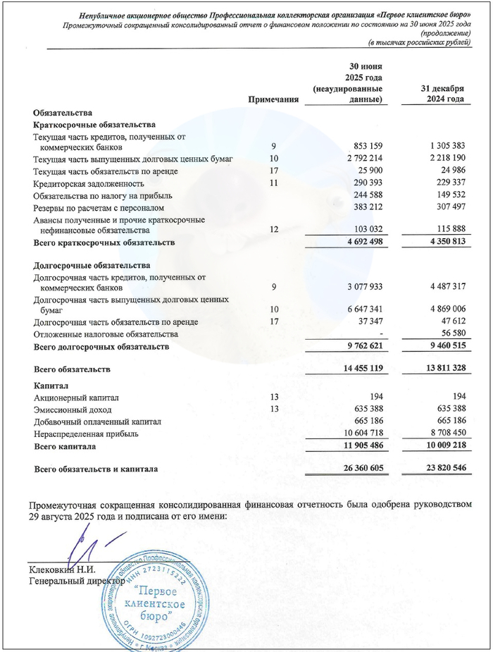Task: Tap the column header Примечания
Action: tap(273, 100)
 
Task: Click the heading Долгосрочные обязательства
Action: tap(92, 265)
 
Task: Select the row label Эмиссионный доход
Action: tap(73, 410)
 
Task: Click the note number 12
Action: tap(275, 230)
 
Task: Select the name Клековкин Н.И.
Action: tap(62, 570)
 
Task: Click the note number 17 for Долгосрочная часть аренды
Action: tap(275, 322)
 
